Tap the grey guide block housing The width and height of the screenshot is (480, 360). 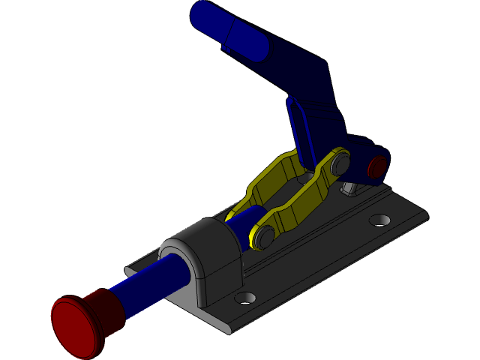pyautogui.click(x=202, y=255)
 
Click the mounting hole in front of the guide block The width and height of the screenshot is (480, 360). pyautogui.click(x=245, y=298)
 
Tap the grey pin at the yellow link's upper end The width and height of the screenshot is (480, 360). pyautogui.click(x=338, y=163)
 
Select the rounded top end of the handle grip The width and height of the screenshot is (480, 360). pyautogui.click(x=201, y=13)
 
